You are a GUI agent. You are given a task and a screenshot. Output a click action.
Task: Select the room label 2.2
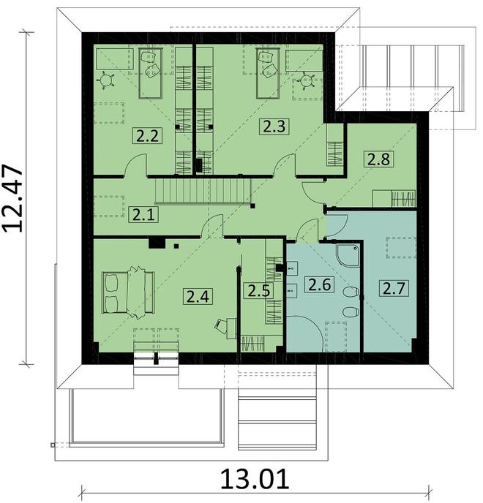click(x=145, y=135)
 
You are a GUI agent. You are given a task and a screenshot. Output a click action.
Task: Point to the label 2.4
click(x=197, y=296)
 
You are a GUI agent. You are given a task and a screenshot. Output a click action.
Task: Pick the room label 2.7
click(x=392, y=287)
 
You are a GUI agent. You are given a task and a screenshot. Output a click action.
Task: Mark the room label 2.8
click(x=378, y=157)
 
